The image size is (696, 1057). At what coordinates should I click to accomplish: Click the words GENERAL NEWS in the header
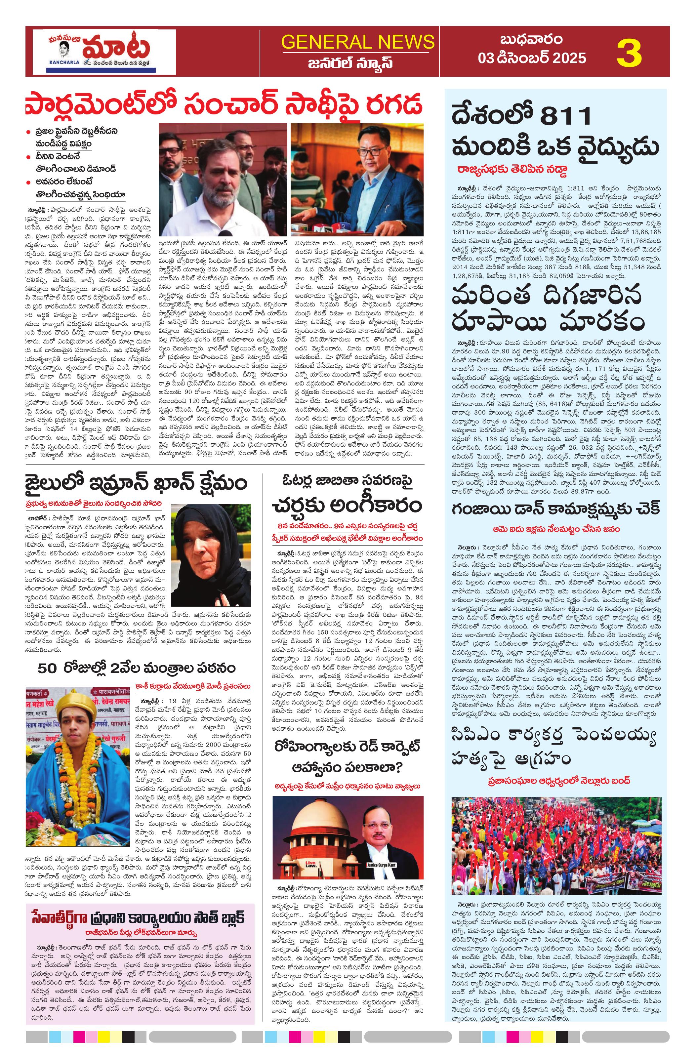point(357,42)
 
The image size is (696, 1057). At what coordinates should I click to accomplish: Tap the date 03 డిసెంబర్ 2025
point(531,58)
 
